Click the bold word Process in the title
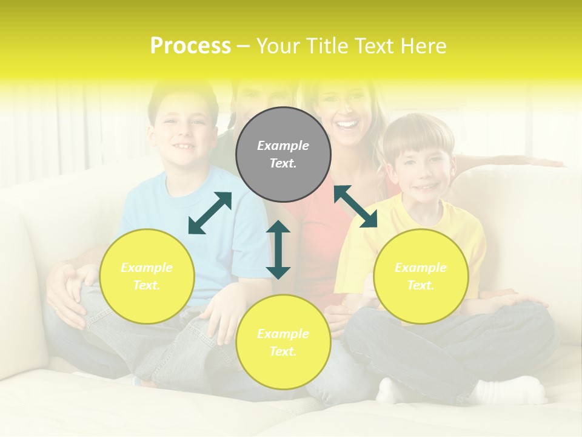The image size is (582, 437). click(x=190, y=46)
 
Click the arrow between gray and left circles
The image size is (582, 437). click(x=210, y=213)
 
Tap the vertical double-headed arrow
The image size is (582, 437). click(x=278, y=249)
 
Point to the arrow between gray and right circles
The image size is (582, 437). click(x=355, y=206)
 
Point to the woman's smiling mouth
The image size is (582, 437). click(x=347, y=124)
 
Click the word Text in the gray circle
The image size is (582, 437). click(x=283, y=163)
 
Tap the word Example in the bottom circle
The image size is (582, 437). click(x=283, y=333)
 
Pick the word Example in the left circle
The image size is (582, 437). click(x=147, y=267)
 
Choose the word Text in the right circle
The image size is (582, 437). click(x=421, y=285)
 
